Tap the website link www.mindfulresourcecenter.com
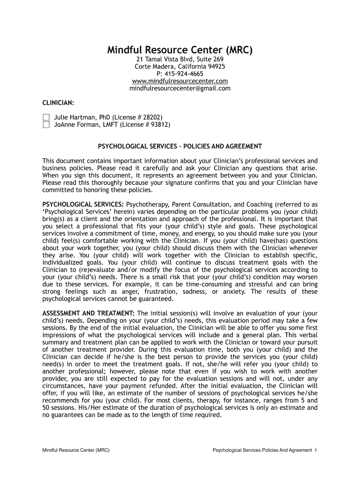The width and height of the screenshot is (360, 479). tap(180, 81)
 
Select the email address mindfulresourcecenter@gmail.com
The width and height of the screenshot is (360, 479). tap(180, 88)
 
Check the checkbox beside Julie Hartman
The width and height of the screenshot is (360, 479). tap(46, 117)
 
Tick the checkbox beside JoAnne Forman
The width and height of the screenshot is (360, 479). tap(46, 125)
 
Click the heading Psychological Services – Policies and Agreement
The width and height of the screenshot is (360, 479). tap(180, 146)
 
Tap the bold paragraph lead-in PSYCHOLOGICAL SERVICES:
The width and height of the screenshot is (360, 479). tap(83, 204)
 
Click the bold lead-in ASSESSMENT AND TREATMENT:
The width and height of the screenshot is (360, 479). tap(89, 313)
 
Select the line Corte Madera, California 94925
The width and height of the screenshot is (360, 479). tap(180, 67)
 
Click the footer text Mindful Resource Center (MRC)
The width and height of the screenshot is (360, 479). tap(76, 450)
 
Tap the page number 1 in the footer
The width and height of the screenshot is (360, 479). tap(316, 450)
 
